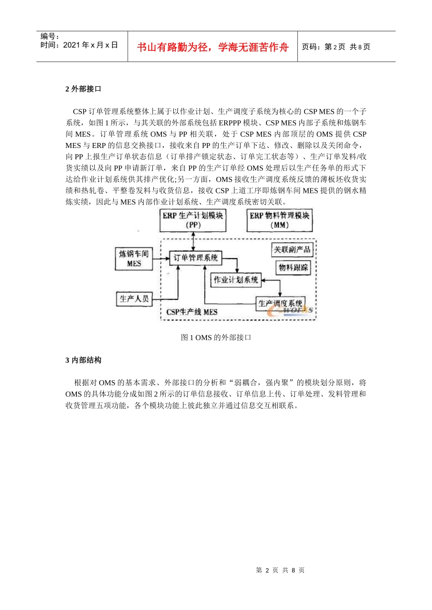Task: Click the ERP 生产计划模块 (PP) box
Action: [193, 220]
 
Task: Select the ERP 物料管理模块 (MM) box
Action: [279, 220]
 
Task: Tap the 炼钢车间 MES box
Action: [134, 259]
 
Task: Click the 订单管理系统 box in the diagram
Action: [196, 258]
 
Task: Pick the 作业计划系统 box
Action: [236, 280]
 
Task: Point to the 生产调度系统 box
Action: [280, 303]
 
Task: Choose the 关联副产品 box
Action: [292, 250]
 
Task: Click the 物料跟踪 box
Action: [293, 267]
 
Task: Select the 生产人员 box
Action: [134, 299]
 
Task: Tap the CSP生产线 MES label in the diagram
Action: [191, 312]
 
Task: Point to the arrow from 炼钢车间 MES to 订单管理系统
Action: [161, 259]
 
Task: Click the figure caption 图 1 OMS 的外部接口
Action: [216, 337]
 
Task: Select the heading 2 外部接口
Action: [83, 89]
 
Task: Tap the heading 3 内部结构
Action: [83, 360]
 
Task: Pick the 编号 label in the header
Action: [50, 36]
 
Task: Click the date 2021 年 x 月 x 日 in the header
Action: [90, 45]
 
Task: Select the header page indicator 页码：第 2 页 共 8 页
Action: [336, 47]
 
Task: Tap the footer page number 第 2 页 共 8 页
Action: [280, 570]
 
